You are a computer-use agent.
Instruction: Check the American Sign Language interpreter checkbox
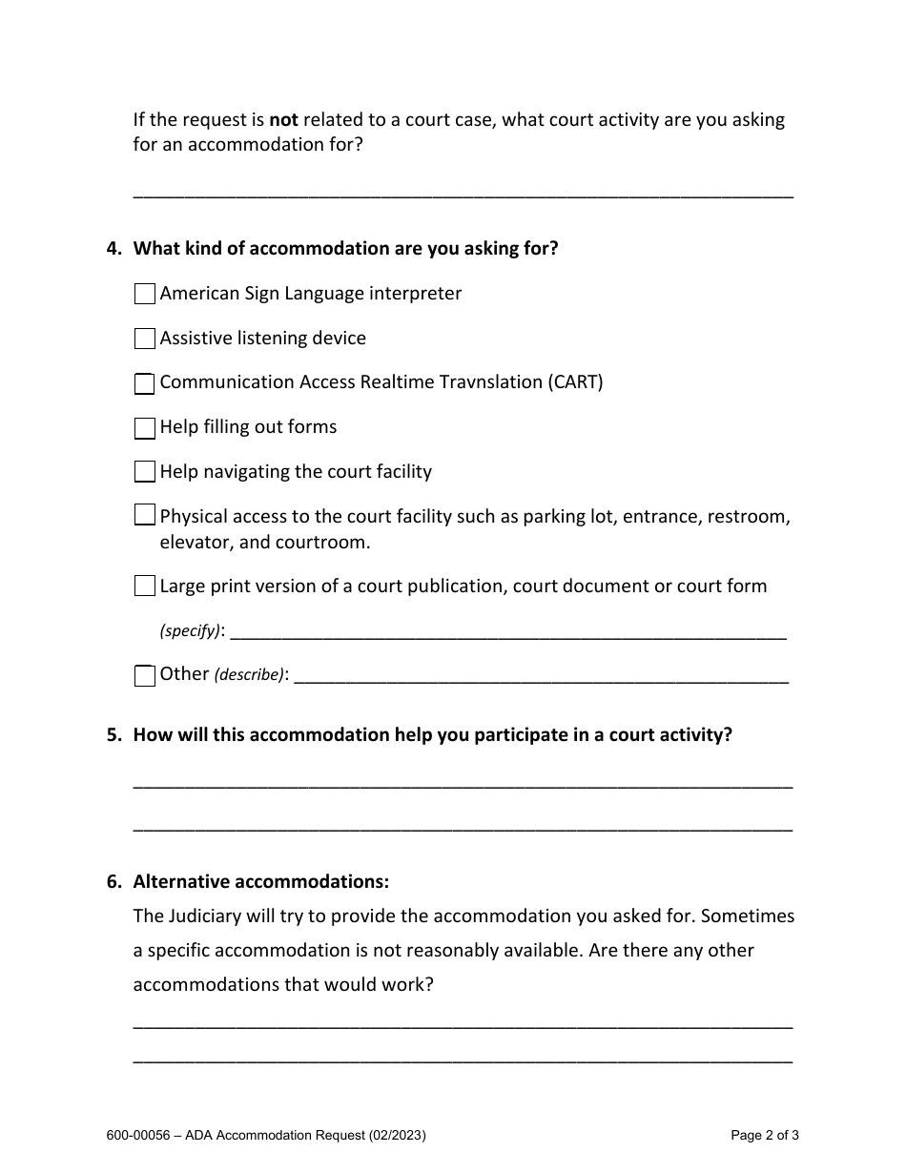click(144, 294)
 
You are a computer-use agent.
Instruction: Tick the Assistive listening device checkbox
click(144, 339)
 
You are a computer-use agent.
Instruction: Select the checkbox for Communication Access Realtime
click(144, 383)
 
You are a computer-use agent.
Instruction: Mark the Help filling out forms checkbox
click(144, 428)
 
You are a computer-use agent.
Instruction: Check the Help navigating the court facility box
click(144, 472)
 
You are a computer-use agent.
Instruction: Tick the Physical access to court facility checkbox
click(144, 516)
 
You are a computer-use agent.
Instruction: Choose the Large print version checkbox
click(144, 586)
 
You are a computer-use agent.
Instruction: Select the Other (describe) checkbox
click(144, 675)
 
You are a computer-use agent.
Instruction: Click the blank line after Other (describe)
click(541, 676)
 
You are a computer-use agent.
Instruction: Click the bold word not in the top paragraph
click(284, 120)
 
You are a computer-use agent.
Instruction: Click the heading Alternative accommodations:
click(260, 881)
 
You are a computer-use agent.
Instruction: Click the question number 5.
click(113, 735)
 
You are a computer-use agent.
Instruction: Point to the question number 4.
click(113, 249)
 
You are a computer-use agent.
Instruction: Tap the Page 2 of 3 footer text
click(764, 1135)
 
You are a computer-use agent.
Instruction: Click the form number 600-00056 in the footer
click(139, 1135)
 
